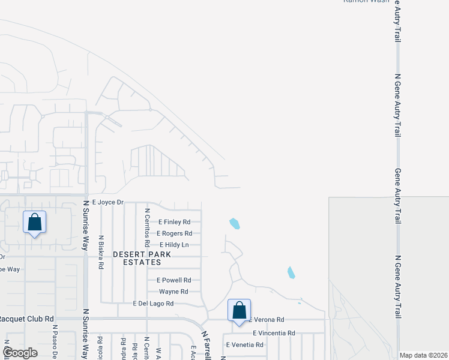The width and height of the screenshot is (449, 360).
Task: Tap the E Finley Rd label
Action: click(x=174, y=222)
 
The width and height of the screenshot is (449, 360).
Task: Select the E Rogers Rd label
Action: click(x=175, y=233)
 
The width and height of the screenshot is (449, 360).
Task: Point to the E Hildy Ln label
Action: click(x=174, y=245)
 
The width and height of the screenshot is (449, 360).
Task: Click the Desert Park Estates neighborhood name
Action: click(x=142, y=259)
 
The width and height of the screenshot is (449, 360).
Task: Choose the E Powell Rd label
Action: click(x=173, y=280)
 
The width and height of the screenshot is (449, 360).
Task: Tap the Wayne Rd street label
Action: click(x=173, y=292)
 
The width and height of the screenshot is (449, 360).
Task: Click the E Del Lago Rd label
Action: click(x=153, y=304)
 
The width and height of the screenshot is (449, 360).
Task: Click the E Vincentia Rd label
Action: click(x=274, y=333)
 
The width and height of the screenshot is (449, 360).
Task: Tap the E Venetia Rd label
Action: click(x=244, y=345)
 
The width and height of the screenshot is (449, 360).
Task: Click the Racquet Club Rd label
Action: click(x=28, y=319)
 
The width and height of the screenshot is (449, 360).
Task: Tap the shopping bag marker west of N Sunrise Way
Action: click(x=35, y=223)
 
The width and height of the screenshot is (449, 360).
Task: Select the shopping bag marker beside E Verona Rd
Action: click(x=239, y=310)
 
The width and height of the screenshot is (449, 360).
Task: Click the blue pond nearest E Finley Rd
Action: click(x=235, y=224)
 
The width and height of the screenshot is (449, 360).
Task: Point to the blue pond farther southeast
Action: click(x=291, y=272)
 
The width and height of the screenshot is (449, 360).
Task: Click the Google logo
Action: click(x=20, y=353)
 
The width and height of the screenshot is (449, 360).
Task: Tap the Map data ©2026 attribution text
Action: click(x=423, y=355)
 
